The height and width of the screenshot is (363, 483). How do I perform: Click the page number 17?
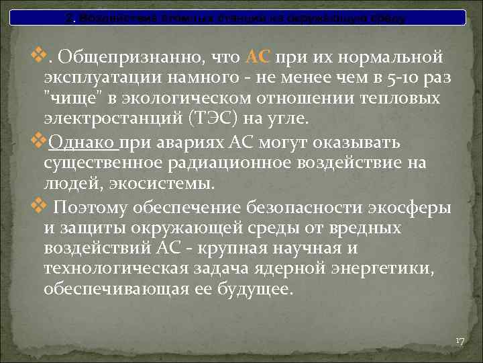coord(460,341)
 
